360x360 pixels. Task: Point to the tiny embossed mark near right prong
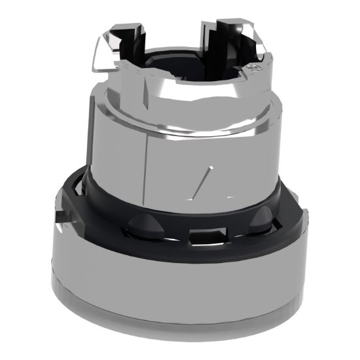pos(252,67)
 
